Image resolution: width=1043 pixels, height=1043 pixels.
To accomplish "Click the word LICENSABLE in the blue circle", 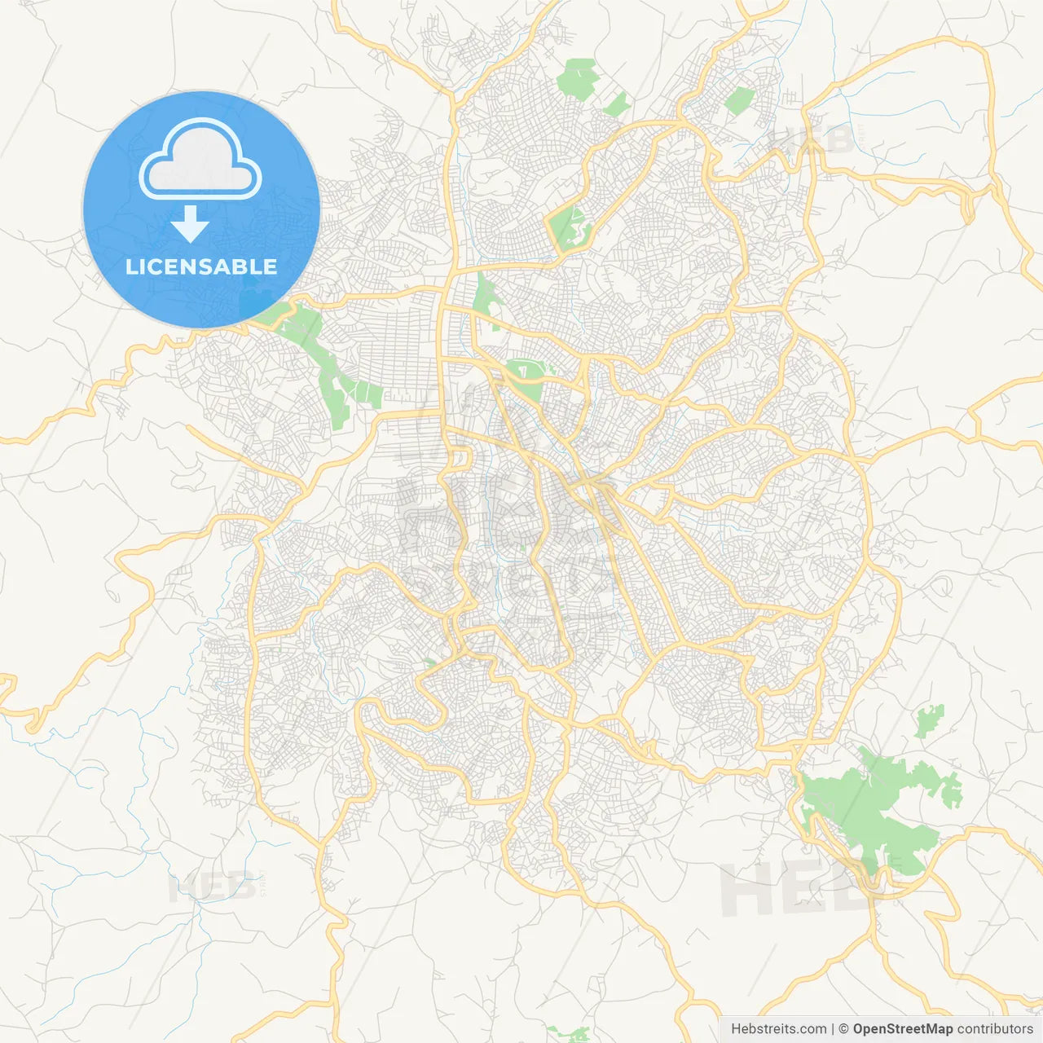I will pyautogui.click(x=201, y=267).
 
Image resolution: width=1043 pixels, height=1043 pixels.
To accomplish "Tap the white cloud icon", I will pyautogui.click(x=200, y=162).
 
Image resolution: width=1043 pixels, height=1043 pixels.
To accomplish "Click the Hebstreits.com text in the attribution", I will pyautogui.click(x=779, y=1029).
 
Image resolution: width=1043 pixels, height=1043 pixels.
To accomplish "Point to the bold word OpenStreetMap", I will pyautogui.click(x=903, y=1029).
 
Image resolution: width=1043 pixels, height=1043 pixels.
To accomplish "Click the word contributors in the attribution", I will pyautogui.click(x=995, y=1029).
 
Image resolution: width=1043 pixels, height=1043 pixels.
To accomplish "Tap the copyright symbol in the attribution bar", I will pyautogui.click(x=844, y=1029).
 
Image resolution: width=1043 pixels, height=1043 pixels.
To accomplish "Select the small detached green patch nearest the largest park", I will pyautogui.click(x=928, y=721).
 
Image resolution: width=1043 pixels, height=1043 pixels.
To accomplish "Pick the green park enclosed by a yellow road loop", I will pyautogui.click(x=570, y=227).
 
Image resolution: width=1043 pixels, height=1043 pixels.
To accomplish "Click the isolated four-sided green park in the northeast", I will pyautogui.click(x=739, y=101).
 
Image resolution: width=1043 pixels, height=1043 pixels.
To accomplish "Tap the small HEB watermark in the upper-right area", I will pyautogui.click(x=811, y=141).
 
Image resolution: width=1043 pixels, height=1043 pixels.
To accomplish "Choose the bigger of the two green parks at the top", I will pyautogui.click(x=579, y=79).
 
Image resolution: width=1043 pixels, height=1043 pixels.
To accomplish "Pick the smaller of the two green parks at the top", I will pyautogui.click(x=616, y=105).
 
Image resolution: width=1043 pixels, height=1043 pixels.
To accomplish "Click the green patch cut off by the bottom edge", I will pyautogui.click(x=570, y=1034).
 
